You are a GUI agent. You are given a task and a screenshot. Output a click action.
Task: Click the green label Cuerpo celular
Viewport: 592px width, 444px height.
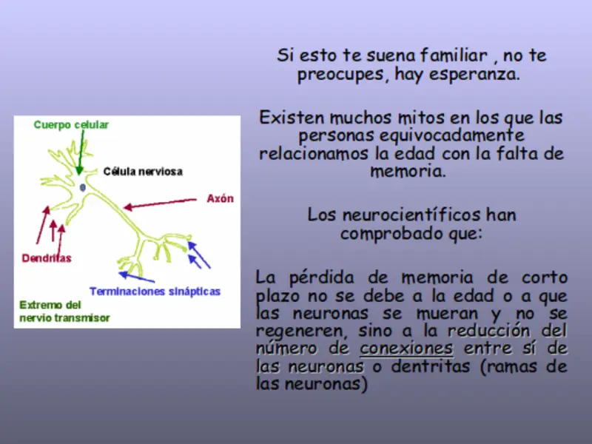[71, 125]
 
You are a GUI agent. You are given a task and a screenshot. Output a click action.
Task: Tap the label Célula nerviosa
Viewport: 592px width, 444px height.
[143, 172]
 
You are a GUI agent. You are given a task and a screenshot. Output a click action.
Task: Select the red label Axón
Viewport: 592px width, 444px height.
[220, 198]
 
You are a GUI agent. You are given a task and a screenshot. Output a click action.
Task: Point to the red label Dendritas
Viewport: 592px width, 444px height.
[47, 258]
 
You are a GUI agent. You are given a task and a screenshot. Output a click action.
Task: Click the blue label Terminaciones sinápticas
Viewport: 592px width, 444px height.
[155, 292]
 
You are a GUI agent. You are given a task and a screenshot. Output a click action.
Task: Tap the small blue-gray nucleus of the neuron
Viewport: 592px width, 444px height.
[82, 188]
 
